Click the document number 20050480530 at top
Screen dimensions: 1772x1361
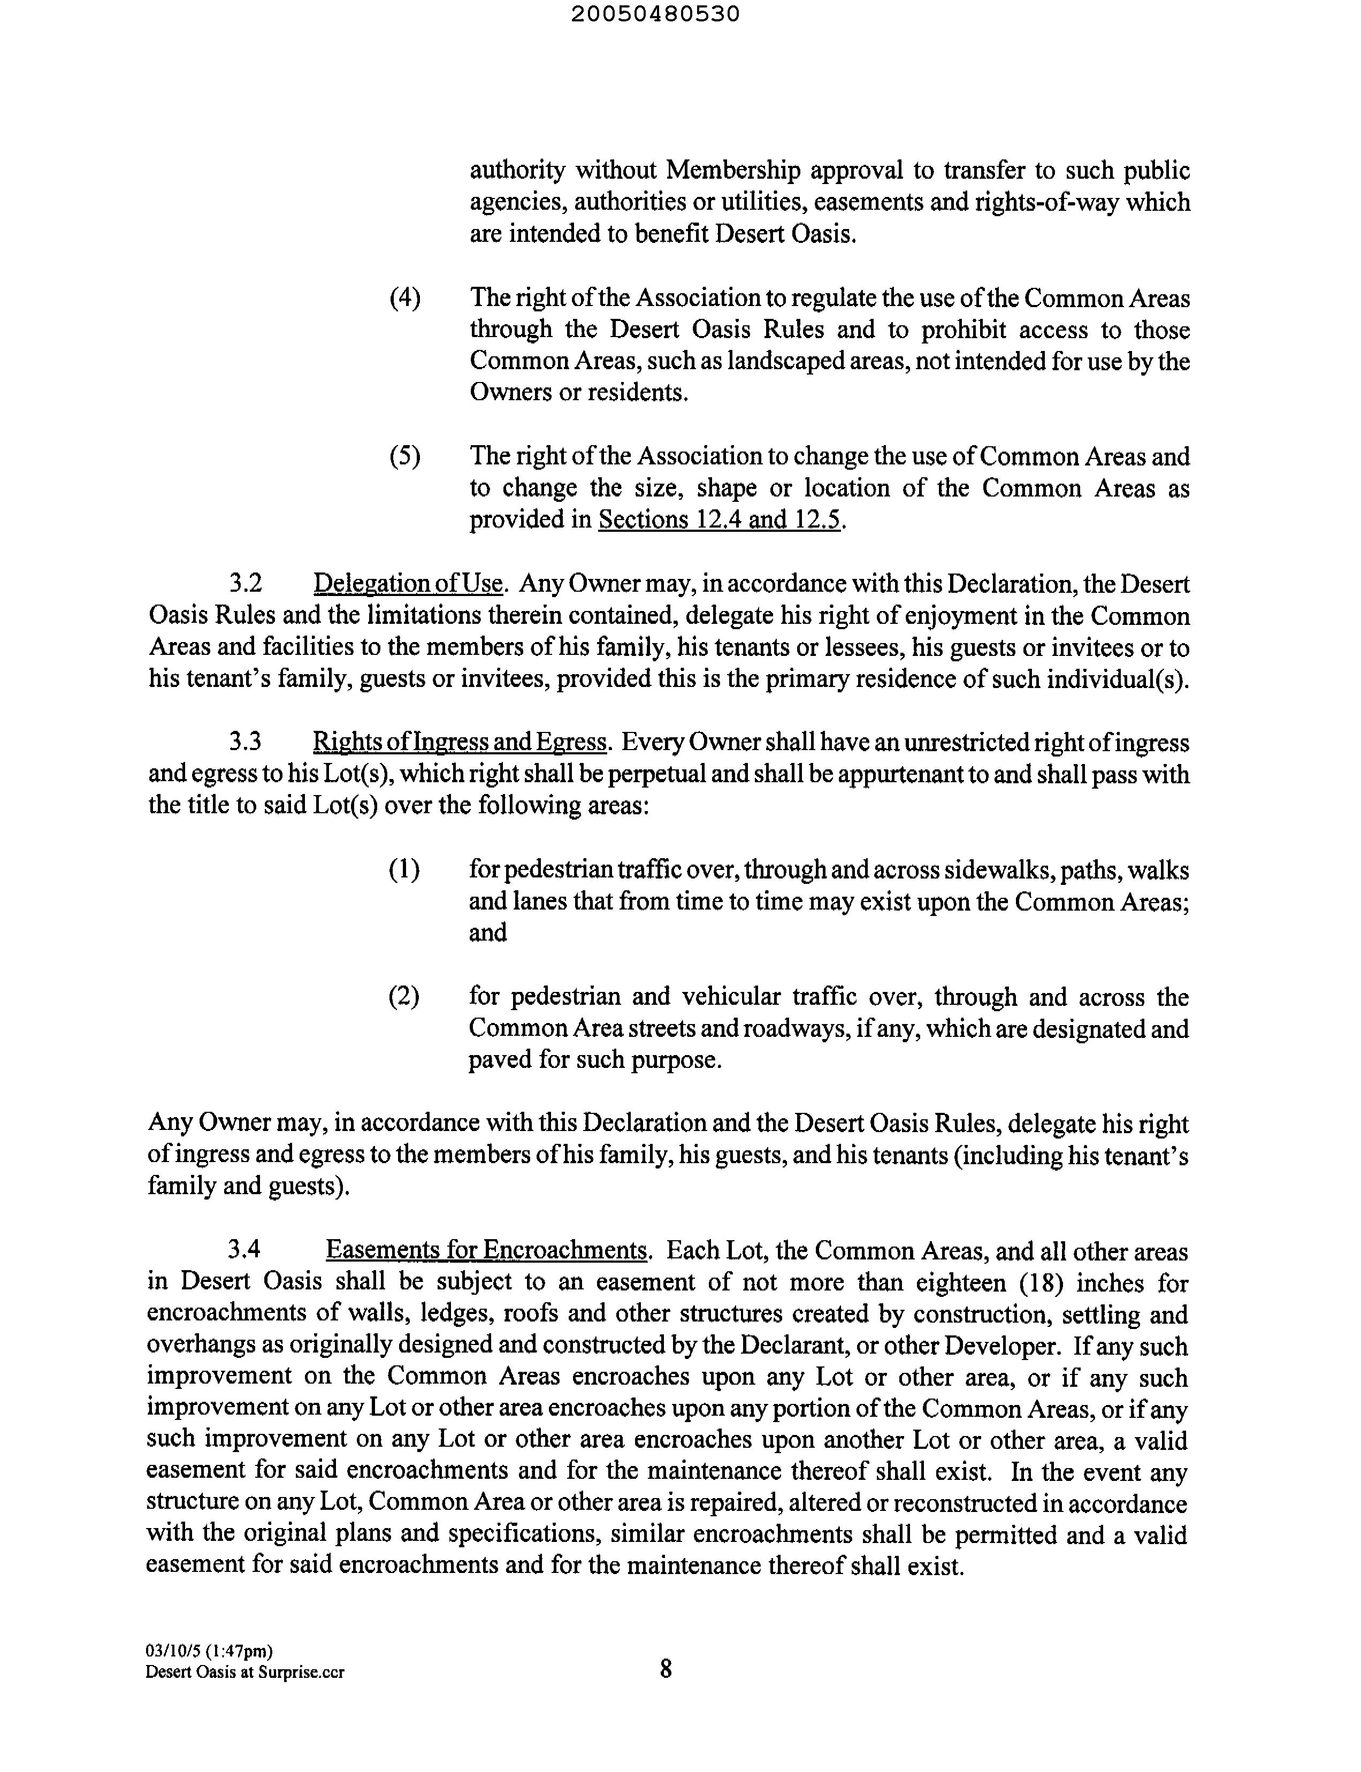coord(655,14)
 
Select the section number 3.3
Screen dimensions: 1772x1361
coord(246,742)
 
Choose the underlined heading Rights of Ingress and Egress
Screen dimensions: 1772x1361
coord(460,742)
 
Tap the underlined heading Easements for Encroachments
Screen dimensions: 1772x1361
coord(487,1250)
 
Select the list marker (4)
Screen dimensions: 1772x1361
coord(405,298)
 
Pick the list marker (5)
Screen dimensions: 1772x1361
coord(405,456)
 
